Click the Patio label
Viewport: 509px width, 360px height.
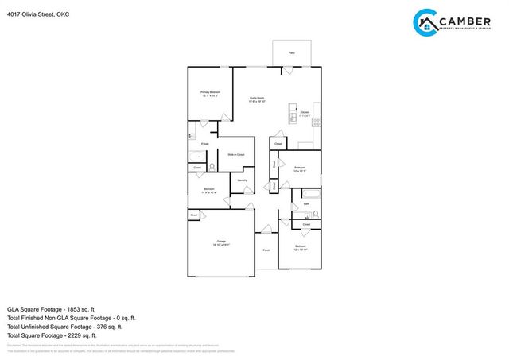[292, 52]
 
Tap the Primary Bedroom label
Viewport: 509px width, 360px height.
[210, 94]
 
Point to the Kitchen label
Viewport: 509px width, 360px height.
[305, 114]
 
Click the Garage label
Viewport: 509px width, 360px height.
[221, 242]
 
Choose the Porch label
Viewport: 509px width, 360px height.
[266, 250]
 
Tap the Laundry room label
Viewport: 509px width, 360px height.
[242, 180]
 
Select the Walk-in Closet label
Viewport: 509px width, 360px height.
[235, 154]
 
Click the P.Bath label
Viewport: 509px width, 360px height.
[204, 144]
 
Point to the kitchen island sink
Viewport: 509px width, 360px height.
[293, 109]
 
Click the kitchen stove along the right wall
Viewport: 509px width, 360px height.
[317, 122]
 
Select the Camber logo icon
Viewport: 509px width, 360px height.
[426, 21]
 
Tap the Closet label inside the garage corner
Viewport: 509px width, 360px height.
[193, 215]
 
